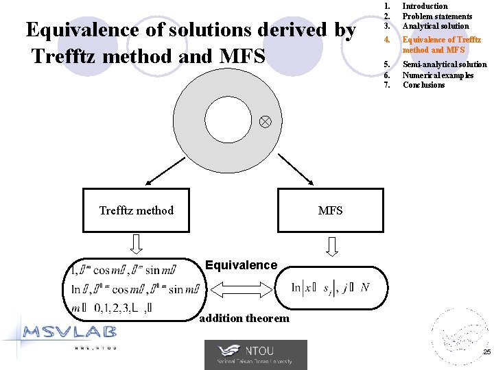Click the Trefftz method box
(x=136, y=210)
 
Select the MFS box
(x=330, y=210)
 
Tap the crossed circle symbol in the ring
(x=266, y=121)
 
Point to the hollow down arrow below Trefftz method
(x=137, y=244)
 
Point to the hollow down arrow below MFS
(x=333, y=245)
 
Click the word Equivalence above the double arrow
(x=242, y=265)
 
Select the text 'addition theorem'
(x=244, y=318)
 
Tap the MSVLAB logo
(x=68, y=335)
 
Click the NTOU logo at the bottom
(x=255, y=355)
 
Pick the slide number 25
(x=486, y=351)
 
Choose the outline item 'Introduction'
(x=425, y=6)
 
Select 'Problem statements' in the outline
(x=437, y=16)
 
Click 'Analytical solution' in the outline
(x=436, y=26)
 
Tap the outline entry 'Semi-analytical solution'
(x=445, y=64)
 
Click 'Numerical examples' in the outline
(x=438, y=75)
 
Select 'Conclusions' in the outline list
(x=423, y=85)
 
